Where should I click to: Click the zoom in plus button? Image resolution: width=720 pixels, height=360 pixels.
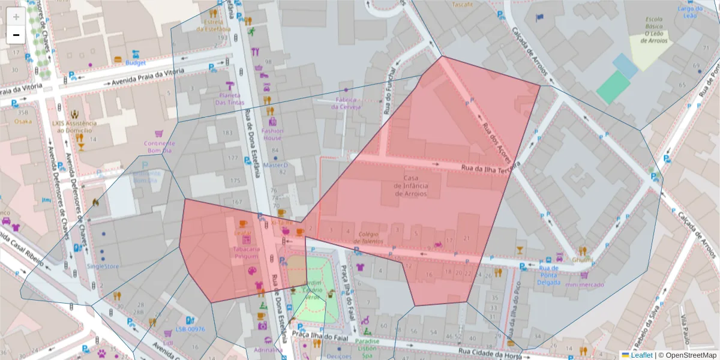[x=16, y=17]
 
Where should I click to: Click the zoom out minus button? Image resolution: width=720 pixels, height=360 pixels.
[x=16, y=35]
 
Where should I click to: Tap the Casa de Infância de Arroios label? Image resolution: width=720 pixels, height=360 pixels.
[x=411, y=185]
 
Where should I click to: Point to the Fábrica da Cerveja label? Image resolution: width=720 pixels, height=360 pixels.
[x=346, y=103]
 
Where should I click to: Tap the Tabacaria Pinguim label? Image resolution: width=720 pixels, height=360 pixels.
[x=247, y=252]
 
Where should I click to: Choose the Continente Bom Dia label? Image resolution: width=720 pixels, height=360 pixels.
[x=159, y=147]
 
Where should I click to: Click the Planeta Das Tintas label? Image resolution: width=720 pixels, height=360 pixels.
[x=230, y=98]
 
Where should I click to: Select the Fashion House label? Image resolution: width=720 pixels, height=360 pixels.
[x=272, y=134]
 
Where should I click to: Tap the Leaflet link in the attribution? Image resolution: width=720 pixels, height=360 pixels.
[x=641, y=355]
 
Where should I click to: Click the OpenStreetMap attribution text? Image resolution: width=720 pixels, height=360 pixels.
[x=689, y=355]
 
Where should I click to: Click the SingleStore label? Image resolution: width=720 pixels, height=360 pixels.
[x=103, y=266]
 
